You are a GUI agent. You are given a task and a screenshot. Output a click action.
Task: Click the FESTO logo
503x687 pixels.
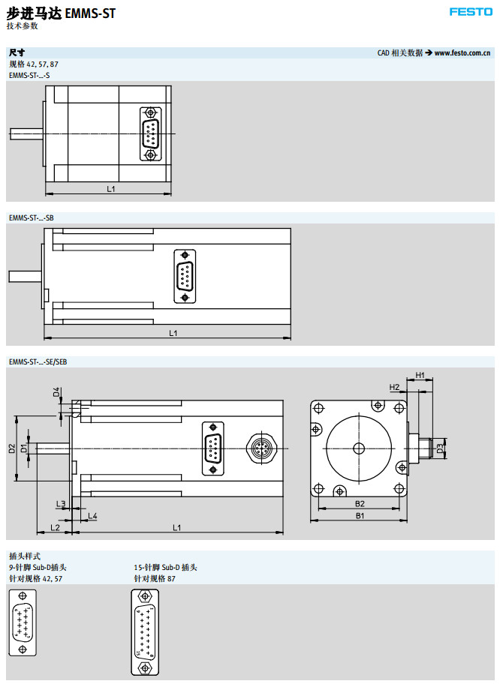(x=471, y=12)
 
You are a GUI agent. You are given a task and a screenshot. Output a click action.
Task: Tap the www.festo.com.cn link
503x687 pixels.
(x=462, y=53)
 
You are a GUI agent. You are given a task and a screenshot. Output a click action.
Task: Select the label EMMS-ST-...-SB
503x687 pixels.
(x=31, y=217)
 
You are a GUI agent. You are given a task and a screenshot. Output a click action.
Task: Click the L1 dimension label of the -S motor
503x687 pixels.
(x=110, y=189)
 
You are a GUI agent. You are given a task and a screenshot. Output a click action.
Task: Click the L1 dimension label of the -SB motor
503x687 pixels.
(x=173, y=332)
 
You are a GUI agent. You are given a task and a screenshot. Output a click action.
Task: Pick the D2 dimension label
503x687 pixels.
(x=12, y=448)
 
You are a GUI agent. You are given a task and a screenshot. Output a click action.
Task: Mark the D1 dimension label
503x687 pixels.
(x=24, y=448)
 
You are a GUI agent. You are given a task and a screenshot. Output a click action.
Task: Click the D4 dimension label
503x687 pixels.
(x=56, y=391)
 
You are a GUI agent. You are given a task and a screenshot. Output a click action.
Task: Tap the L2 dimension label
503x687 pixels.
(x=54, y=527)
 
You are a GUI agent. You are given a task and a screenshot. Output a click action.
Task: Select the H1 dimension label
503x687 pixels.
(x=420, y=375)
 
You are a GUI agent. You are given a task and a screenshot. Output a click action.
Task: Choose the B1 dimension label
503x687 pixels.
(x=360, y=516)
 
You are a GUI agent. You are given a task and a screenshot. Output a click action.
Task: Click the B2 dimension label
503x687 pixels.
(x=360, y=503)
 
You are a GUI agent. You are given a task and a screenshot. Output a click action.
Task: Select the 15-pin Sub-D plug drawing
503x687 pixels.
(x=144, y=631)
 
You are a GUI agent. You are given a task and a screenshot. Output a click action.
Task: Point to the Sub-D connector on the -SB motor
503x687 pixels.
(x=185, y=277)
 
